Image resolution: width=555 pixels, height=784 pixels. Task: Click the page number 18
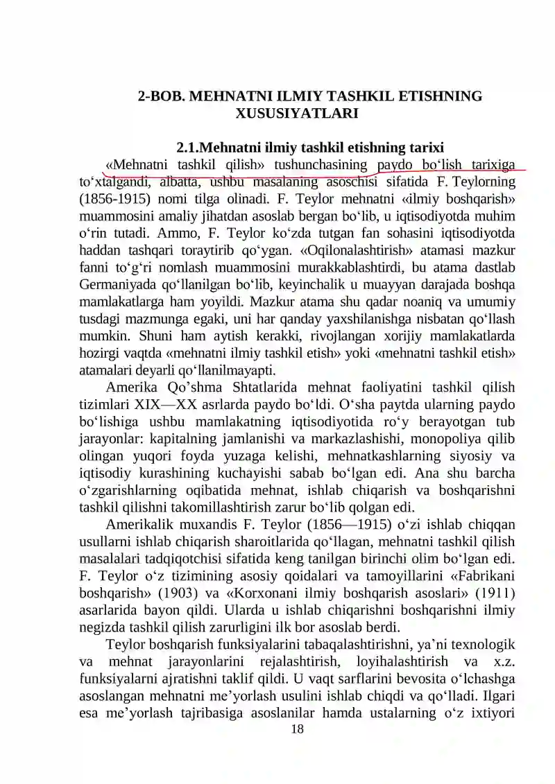pos(297,729)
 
